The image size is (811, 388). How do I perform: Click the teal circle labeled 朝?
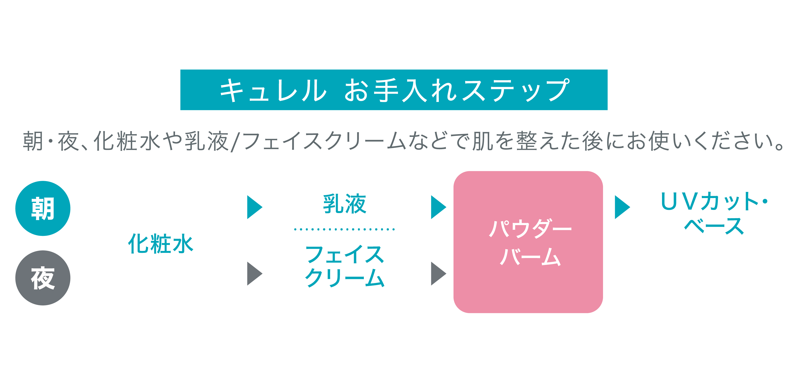(43, 208)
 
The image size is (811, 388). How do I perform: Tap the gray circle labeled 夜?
(43, 278)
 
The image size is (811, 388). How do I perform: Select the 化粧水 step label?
(161, 244)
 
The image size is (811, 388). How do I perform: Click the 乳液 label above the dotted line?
(344, 204)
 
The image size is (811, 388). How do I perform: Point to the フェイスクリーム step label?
(344, 266)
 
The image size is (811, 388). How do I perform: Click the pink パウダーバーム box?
(528, 242)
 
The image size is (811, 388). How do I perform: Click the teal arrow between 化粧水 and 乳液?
(254, 207)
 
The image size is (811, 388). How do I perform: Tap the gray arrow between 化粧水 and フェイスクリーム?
(254, 273)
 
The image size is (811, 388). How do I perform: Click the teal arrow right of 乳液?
(438, 207)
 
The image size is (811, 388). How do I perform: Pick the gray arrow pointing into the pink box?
(438, 273)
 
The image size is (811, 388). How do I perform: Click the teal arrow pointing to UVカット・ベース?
(622, 207)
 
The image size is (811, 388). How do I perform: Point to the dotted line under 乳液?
(344, 229)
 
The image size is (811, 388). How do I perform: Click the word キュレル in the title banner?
(273, 90)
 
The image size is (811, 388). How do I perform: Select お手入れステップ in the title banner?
(457, 90)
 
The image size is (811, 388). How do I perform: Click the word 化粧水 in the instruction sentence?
(128, 141)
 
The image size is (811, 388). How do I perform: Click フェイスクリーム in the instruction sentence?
(324, 141)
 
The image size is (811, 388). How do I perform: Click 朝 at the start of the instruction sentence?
(33, 141)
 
